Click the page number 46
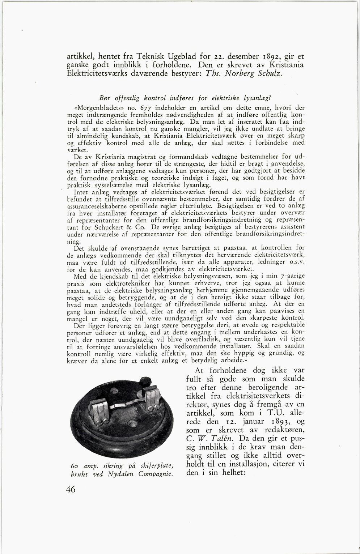(x=71, y=489)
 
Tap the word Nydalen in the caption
(x=123, y=474)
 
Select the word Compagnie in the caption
(x=155, y=474)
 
